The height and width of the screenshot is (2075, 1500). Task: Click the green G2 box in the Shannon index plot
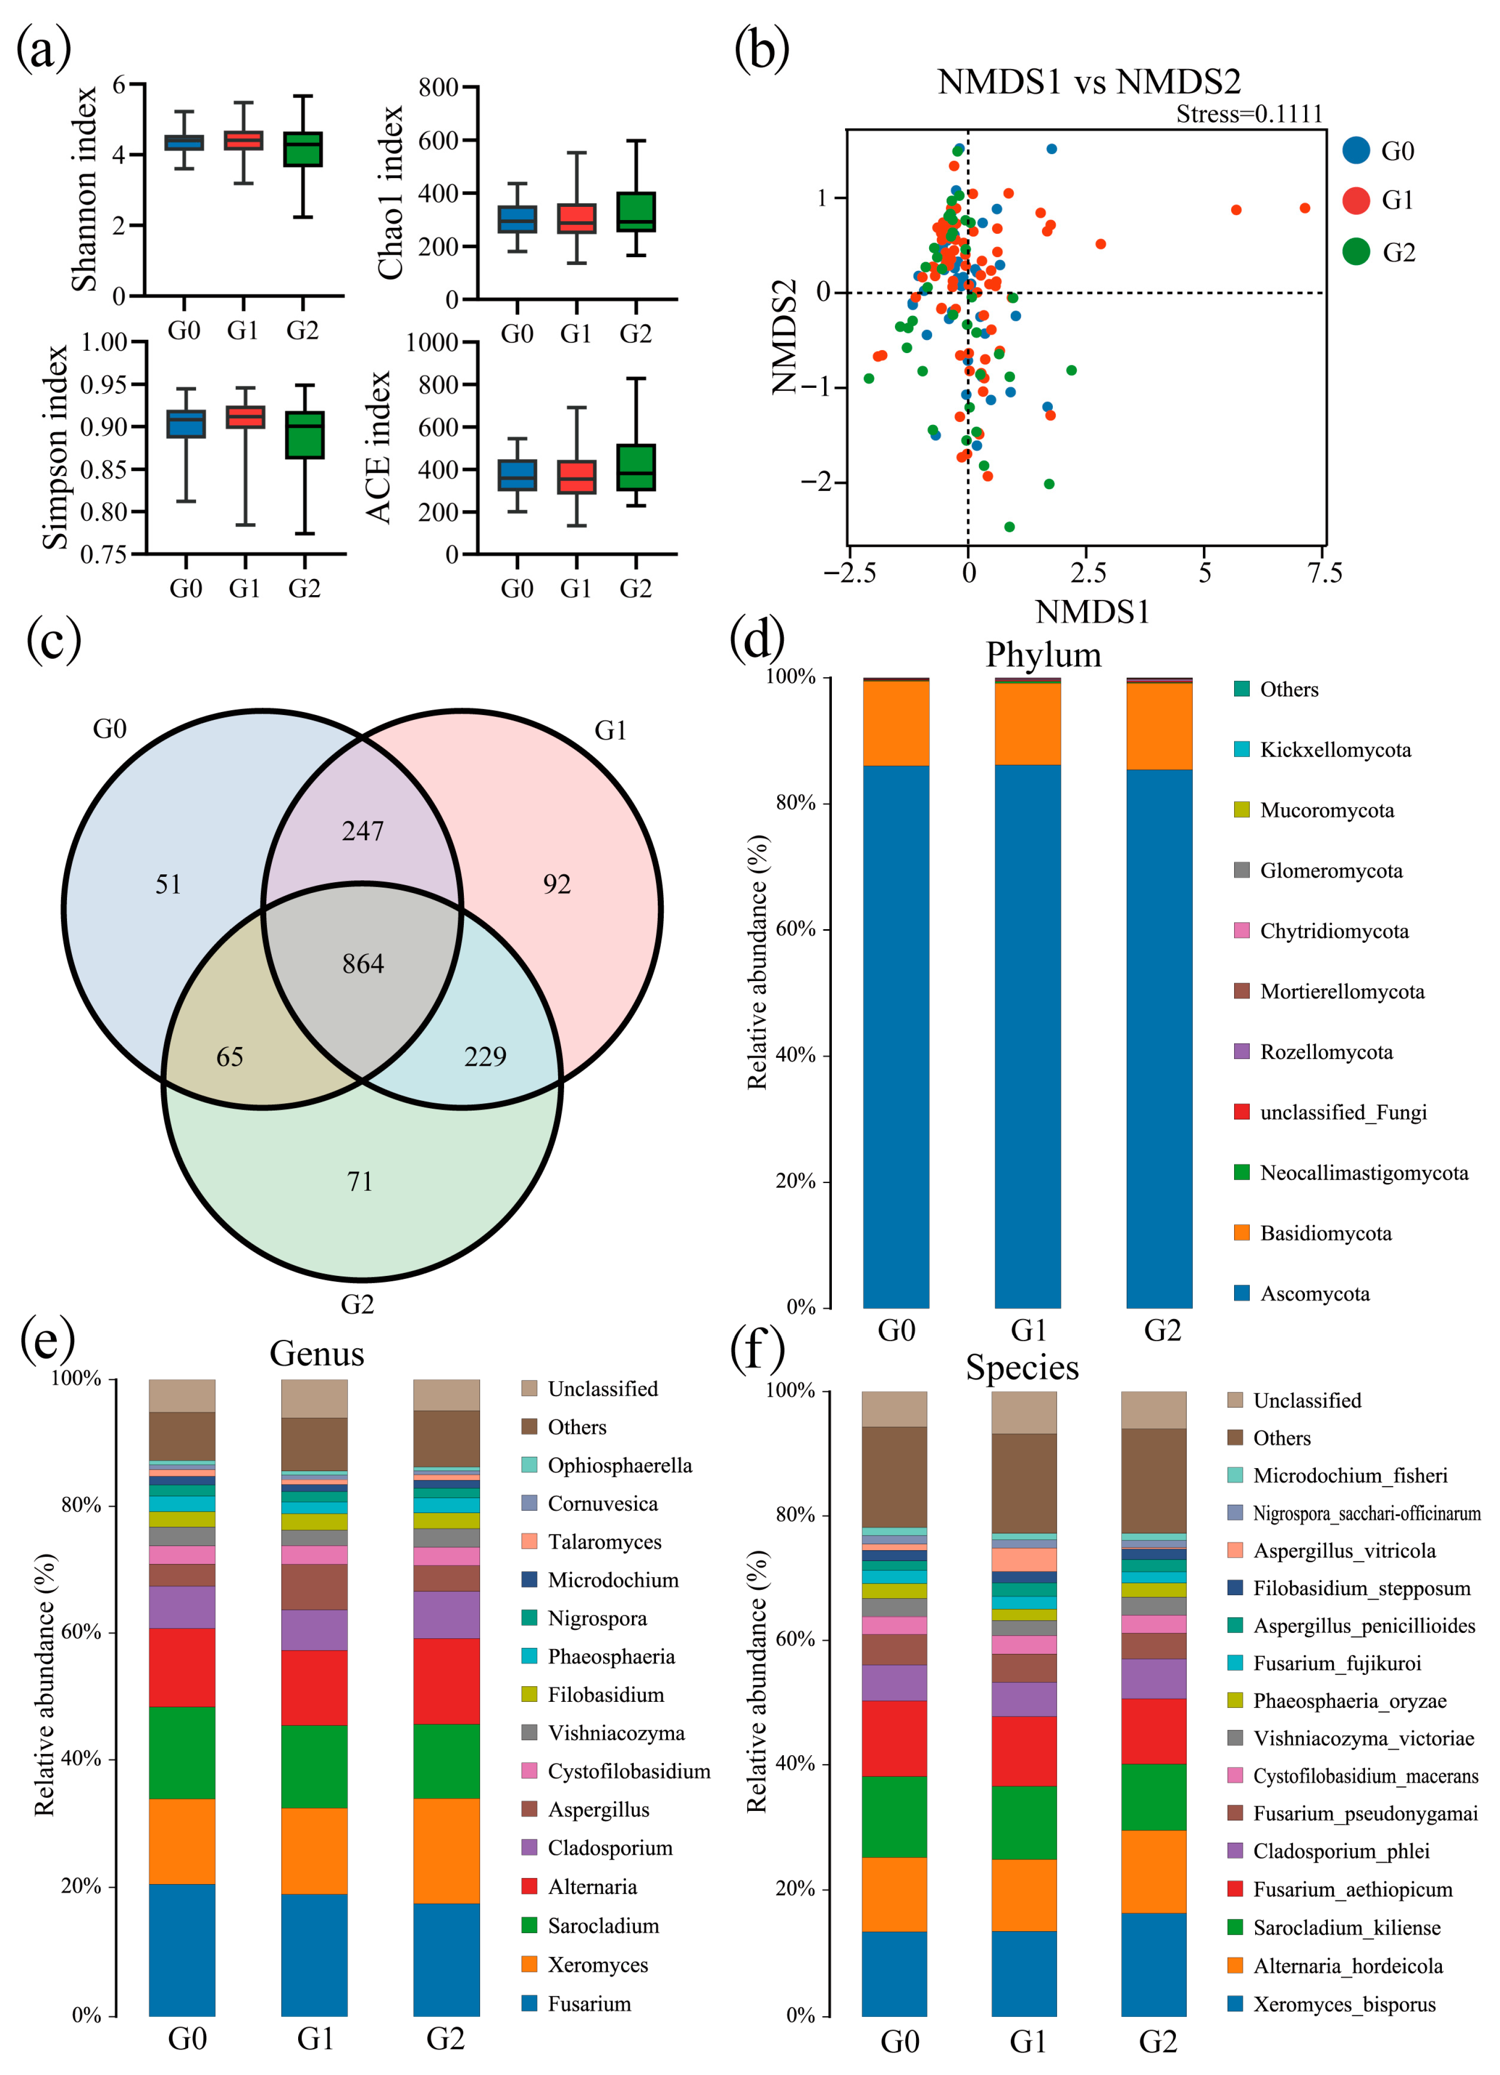pos(303,149)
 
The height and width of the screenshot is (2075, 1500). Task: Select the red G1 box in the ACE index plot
pos(576,477)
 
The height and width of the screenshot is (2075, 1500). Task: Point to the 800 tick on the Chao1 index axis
pos(439,88)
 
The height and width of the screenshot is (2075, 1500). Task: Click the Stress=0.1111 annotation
pos(1248,114)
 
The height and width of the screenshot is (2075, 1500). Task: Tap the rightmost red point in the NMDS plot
pos(1304,209)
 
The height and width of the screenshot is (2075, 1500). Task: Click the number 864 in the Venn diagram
pos(363,963)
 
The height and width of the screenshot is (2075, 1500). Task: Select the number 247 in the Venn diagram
pos(363,831)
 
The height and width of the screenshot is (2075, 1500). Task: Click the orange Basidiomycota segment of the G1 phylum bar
pos(1027,724)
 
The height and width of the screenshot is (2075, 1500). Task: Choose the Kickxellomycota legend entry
pos(1323,750)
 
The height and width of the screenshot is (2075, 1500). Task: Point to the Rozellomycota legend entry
pos(1313,1052)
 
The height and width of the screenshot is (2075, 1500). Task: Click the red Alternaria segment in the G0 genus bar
pos(182,1668)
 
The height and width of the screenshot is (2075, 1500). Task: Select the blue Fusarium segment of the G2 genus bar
pos(446,1961)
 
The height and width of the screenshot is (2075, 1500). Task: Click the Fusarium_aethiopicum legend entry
pos(1340,1889)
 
